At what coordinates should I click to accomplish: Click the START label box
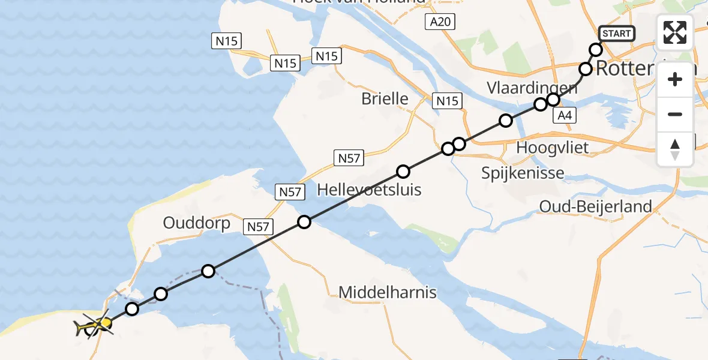[x=617, y=34]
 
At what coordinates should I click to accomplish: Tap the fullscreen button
[x=675, y=32]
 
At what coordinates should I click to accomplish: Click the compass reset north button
[x=675, y=149]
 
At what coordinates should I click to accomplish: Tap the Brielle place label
[x=385, y=99]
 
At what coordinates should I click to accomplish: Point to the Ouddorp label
[x=197, y=224]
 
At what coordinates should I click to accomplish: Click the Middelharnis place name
[x=388, y=293]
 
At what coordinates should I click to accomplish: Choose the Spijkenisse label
[x=523, y=173]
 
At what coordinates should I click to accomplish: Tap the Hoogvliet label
[x=553, y=148]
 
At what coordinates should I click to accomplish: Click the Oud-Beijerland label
[x=595, y=207]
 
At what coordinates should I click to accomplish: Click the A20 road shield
[x=440, y=23]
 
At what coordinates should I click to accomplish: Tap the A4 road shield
[x=563, y=116]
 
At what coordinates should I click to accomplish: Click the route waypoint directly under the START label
[x=596, y=50]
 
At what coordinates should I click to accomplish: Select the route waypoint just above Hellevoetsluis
[x=403, y=172]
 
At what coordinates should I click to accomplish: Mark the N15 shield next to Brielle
[x=447, y=101]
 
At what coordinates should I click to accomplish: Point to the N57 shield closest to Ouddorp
[x=259, y=226]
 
